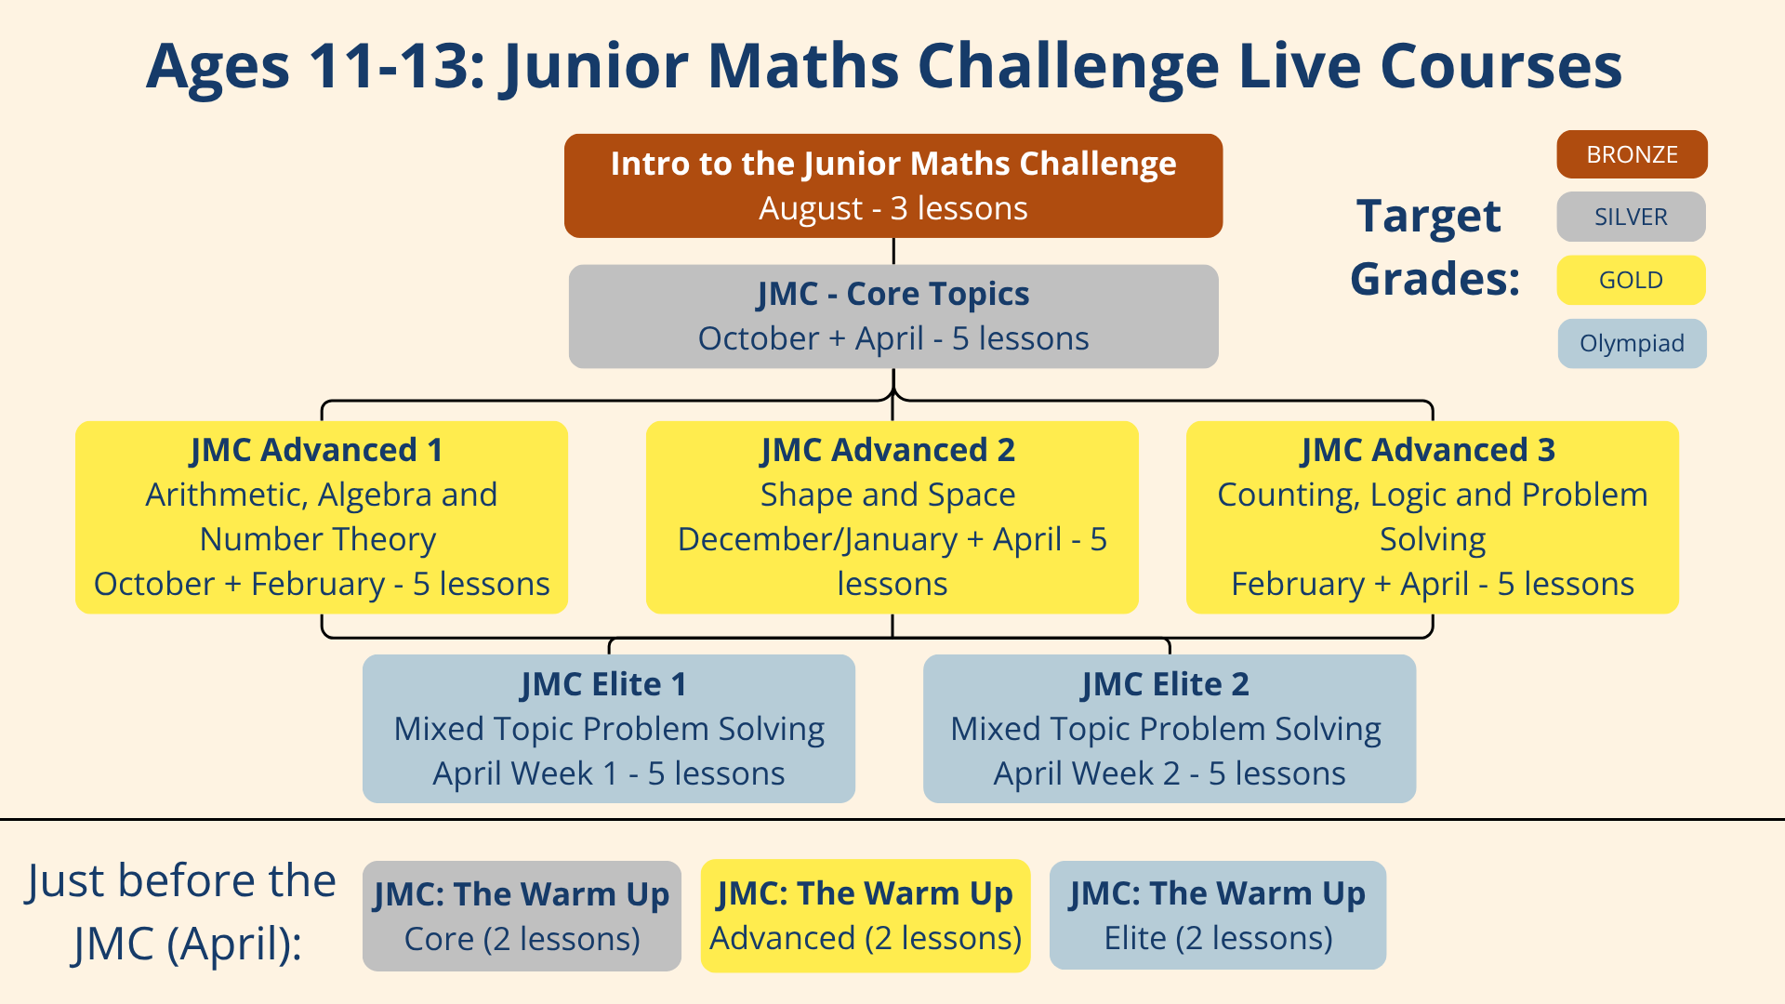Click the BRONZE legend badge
click(x=1632, y=154)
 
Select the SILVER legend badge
click(x=1631, y=217)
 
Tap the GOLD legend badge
click(x=1631, y=280)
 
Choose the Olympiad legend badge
click(x=1632, y=343)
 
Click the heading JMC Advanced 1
click(x=317, y=450)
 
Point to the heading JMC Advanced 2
click(x=888, y=450)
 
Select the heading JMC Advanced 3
click(x=1428, y=450)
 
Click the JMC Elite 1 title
click(x=604, y=684)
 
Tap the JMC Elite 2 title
click(x=1165, y=684)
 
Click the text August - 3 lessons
click(x=892, y=208)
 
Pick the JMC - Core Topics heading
click(x=892, y=294)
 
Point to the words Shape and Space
click(x=888, y=495)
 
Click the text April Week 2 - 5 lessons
click(x=1169, y=773)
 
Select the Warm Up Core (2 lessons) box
click(x=522, y=916)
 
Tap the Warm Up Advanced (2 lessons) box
click(x=865, y=916)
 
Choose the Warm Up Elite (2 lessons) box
click(x=1217, y=916)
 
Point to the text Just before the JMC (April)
click(x=181, y=912)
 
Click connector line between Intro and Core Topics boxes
click(x=893, y=251)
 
